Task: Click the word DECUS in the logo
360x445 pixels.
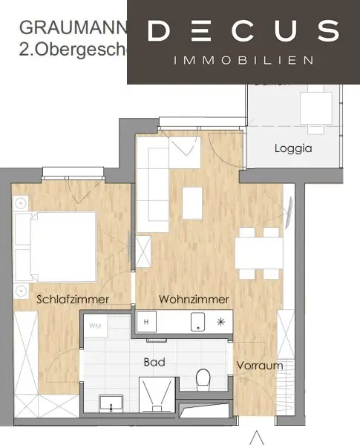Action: [243, 31]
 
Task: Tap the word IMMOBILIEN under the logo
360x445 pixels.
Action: [243, 60]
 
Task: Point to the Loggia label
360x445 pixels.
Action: [293, 148]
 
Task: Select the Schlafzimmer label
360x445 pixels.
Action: [73, 299]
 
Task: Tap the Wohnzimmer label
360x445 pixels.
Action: [194, 299]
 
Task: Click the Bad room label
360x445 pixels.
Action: [154, 363]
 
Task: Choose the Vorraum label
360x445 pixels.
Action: [260, 366]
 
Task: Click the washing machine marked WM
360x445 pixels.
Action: [95, 326]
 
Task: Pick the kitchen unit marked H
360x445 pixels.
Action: [146, 322]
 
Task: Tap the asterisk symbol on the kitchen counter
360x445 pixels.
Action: [220, 322]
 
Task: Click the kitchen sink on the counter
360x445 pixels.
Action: [198, 321]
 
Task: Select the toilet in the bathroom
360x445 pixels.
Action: [202, 382]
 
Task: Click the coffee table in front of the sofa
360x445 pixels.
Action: [192, 202]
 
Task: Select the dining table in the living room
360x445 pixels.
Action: [258, 251]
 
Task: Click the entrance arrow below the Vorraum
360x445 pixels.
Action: [257, 438]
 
